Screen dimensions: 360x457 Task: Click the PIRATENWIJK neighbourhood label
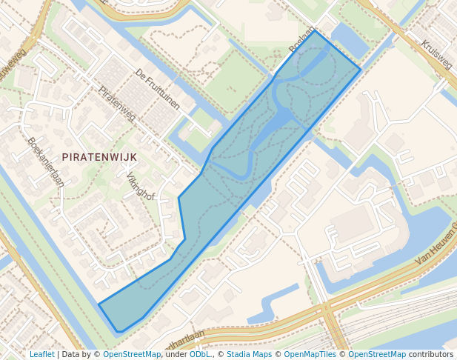pyautogui.click(x=100, y=157)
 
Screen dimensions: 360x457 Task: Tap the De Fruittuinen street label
pyautogui.click(x=157, y=90)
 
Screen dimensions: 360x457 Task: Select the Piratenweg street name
pyautogui.click(x=116, y=104)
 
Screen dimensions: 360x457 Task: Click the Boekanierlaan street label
pyautogui.click(x=45, y=161)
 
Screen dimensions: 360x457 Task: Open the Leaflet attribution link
pyautogui.click(x=41, y=355)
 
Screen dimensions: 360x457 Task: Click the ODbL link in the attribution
pyautogui.click(x=201, y=355)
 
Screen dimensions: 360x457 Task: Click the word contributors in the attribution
pyautogui.click(x=431, y=355)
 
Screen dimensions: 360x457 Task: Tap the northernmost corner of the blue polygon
pyautogui.click(x=315, y=30)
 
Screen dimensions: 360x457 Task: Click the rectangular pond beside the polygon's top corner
pyautogui.click(x=350, y=41)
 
